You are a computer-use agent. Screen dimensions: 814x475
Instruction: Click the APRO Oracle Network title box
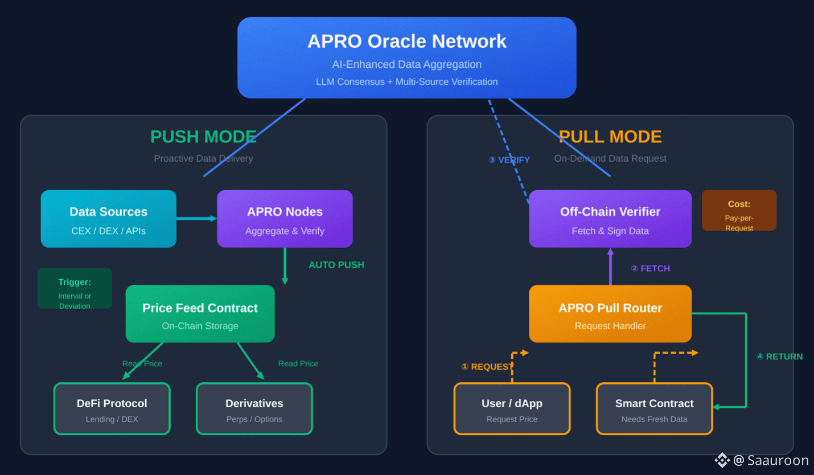pyautogui.click(x=406, y=58)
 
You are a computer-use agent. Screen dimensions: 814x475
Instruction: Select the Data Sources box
pyautogui.click(x=108, y=219)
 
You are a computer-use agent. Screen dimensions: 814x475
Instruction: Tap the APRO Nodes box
pyautogui.click(x=285, y=219)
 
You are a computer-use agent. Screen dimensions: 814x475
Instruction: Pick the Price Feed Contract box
pyautogui.click(x=200, y=313)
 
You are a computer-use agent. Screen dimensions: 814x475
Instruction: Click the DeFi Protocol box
pyautogui.click(x=112, y=409)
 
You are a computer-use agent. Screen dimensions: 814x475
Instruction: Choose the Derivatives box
pyautogui.click(x=254, y=409)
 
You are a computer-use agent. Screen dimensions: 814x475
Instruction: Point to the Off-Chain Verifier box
pyautogui.click(x=610, y=219)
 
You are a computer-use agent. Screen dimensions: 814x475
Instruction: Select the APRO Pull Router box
pyautogui.click(x=610, y=313)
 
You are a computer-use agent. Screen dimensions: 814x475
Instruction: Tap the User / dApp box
pyautogui.click(x=512, y=409)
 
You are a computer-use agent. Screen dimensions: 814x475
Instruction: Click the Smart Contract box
pyautogui.click(x=655, y=409)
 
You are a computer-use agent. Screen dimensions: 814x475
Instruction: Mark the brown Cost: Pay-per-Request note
pyautogui.click(x=739, y=210)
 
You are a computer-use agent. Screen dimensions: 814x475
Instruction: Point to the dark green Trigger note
pyautogui.click(x=75, y=288)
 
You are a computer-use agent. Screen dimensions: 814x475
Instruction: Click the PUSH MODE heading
pyautogui.click(x=204, y=137)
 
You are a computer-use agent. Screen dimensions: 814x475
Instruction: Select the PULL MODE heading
pyautogui.click(x=610, y=137)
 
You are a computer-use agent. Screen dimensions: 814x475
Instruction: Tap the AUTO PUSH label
pyautogui.click(x=336, y=265)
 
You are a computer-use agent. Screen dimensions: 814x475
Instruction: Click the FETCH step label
pyautogui.click(x=651, y=268)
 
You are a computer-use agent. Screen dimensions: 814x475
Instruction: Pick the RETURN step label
pyautogui.click(x=779, y=357)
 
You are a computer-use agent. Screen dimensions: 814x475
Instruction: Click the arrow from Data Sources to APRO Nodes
pyautogui.click(x=196, y=218)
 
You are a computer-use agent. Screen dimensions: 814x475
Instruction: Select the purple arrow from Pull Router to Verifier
pyautogui.click(x=610, y=266)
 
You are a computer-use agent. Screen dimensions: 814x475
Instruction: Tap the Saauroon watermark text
pyautogui.click(x=778, y=460)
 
